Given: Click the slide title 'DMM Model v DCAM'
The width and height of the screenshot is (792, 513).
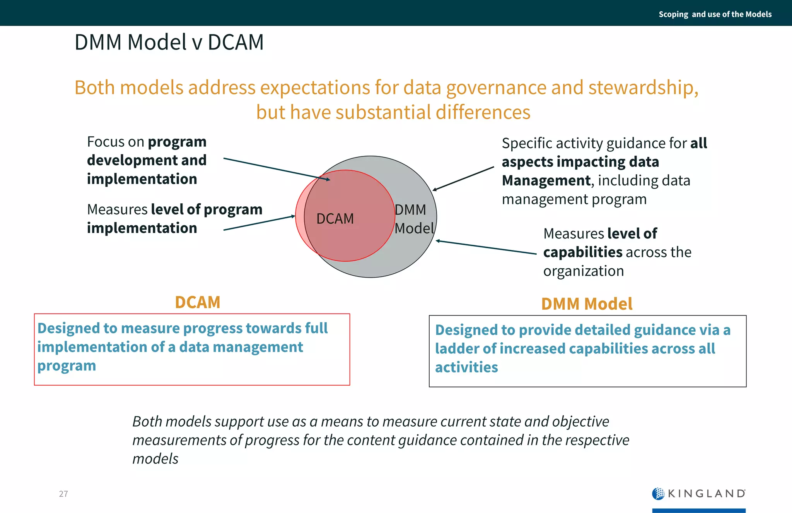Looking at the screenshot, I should tap(169, 42).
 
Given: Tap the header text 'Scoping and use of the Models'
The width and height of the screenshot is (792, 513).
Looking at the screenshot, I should tap(715, 14).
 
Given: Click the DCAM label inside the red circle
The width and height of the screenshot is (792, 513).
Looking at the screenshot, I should tap(335, 219).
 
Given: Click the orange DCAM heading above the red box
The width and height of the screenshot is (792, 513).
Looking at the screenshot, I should tap(197, 302).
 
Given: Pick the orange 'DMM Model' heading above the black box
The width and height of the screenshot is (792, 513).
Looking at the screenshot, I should tap(586, 304).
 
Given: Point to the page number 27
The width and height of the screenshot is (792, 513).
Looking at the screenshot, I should tap(63, 494).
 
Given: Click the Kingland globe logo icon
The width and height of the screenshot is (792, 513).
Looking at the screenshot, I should tap(658, 494).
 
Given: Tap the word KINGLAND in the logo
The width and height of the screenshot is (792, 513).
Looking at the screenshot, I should tap(706, 494).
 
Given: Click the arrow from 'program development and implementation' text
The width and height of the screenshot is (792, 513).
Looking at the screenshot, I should tap(277, 169).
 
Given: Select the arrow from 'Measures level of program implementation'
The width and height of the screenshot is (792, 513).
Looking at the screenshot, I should tap(259, 223).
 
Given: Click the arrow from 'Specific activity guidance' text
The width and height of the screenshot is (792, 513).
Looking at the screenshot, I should tap(463, 179).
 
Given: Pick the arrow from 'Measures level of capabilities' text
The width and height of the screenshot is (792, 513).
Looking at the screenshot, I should tap(486, 247).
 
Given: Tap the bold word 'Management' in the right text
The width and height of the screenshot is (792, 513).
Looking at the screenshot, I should tap(546, 181).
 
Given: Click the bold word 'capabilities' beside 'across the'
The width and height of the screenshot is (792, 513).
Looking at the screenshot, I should tap(582, 252).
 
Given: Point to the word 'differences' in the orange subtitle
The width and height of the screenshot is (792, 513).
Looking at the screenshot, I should tap(483, 112).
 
